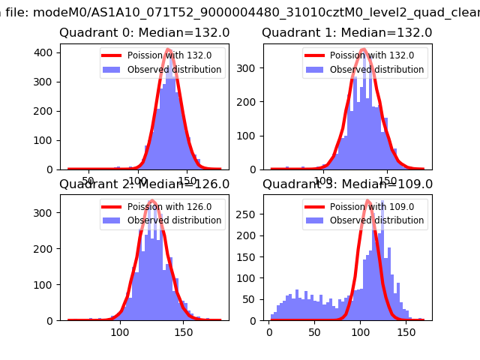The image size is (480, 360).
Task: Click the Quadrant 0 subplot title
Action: [x=144, y=33]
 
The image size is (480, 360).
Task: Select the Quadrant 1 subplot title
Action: [x=346, y=33]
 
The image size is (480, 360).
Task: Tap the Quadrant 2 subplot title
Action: [x=144, y=184]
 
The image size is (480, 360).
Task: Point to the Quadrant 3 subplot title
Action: [x=346, y=184]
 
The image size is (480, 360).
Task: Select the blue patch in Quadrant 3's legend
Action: [x=319, y=220]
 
